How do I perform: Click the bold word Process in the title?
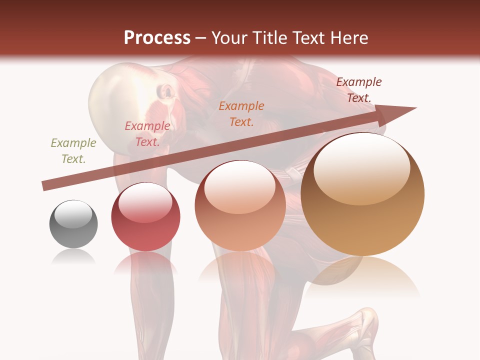157,38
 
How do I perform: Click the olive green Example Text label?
73,150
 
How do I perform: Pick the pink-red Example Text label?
147,133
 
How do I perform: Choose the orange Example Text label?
241,113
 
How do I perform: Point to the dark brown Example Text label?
359,89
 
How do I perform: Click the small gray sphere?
73,224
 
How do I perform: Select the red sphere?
145,217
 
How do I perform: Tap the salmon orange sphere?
240,206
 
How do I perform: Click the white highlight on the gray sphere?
73,214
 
